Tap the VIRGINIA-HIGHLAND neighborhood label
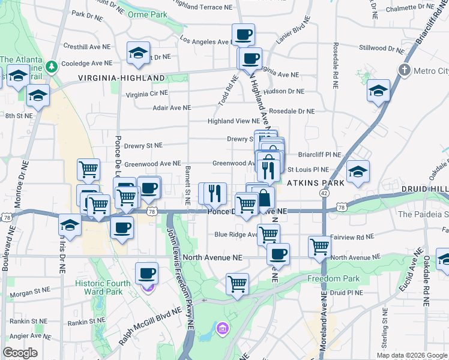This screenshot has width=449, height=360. pos(121,78)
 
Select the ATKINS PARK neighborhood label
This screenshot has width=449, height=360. pos(315,182)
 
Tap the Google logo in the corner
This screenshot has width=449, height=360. pos(20,353)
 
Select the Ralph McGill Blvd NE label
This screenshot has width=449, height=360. pos(150,326)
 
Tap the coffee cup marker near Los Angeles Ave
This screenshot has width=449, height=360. pos(243,35)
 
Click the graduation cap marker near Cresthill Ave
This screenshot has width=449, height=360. pos(138,53)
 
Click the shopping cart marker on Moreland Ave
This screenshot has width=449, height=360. pos(319,245)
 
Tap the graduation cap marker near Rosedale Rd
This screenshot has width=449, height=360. pos(379,91)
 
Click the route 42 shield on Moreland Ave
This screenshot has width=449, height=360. pos(324,193)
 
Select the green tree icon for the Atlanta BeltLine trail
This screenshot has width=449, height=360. pos(53,65)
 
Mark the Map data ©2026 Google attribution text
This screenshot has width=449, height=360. pos(411,355)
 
